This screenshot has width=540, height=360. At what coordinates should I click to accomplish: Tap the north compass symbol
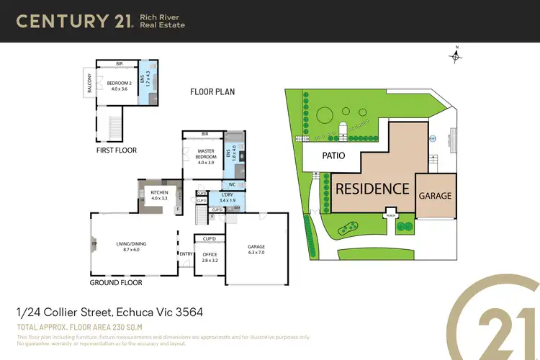click(456, 51)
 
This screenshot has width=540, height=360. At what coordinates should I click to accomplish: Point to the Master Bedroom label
click(205, 155)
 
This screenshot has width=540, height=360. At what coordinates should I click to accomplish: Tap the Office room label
click(210, 256)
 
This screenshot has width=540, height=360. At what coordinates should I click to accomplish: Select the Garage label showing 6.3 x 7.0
click(256, 249)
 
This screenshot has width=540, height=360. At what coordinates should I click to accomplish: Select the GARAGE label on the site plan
click(436, 195)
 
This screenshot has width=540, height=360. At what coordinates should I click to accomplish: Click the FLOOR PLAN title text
click(212, 92)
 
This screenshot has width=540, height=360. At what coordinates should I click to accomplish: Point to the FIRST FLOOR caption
click(117, 150)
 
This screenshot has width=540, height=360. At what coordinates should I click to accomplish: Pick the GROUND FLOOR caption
click(116, 283)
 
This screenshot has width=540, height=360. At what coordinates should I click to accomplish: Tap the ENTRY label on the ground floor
click(186, 253)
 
